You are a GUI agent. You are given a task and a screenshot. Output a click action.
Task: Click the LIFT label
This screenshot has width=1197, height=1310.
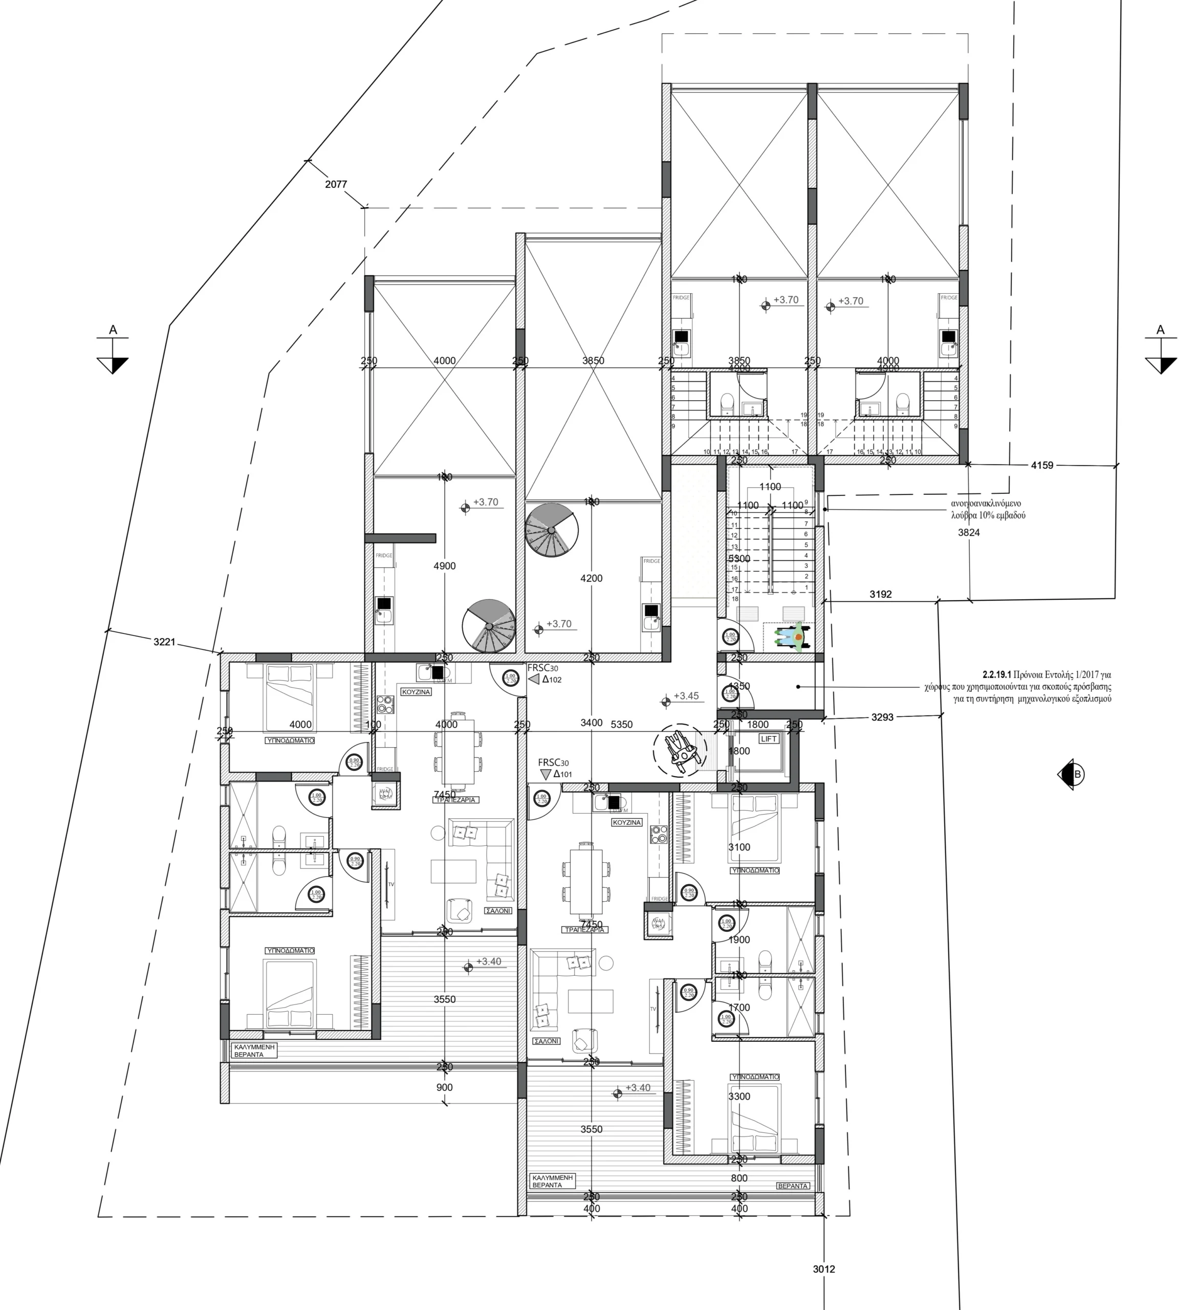769,739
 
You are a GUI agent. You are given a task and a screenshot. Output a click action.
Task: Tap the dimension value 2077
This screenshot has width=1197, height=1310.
336,185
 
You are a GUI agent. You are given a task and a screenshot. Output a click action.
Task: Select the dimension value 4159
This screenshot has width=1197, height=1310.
1042,465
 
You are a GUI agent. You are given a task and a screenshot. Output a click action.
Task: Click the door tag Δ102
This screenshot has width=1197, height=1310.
552,680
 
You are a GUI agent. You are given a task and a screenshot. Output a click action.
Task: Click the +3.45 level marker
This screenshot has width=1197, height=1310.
686,696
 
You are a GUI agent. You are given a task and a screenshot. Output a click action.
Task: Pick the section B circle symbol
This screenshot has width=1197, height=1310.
1072,774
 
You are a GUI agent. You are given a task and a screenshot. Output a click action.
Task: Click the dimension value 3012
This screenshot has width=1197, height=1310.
824,1269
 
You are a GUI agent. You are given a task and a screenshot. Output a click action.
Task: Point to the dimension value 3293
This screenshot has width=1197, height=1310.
882,717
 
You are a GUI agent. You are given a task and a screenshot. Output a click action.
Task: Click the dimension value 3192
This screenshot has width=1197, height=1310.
881,594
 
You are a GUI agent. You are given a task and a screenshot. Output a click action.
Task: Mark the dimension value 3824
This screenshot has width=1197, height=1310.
969,533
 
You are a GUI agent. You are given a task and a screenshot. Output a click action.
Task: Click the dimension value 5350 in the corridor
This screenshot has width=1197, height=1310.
622,725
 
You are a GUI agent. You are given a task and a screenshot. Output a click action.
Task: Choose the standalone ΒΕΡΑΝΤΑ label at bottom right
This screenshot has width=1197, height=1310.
793,1186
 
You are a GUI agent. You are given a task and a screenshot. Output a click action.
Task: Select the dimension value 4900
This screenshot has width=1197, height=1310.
445,566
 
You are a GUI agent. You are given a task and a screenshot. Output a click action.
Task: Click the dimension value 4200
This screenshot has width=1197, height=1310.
592,578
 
